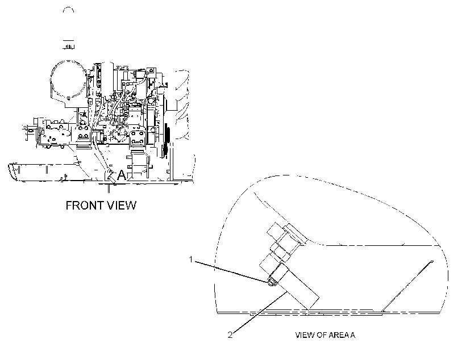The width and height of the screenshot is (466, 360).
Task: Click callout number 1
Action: (191, 259)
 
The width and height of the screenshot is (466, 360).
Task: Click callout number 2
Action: (230, 335)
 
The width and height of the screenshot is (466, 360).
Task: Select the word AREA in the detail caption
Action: (338, 335)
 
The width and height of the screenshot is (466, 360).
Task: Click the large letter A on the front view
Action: (122, 175)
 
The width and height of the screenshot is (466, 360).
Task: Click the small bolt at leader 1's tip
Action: (271, 282)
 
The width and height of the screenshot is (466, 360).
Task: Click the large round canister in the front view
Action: (68, 80)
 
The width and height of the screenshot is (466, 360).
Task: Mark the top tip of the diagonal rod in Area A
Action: (432, 261)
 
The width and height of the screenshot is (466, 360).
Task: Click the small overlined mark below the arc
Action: (68, 44)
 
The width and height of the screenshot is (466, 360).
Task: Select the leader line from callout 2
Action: (260, 312)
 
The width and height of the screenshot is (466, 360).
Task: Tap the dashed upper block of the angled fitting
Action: (286, 235)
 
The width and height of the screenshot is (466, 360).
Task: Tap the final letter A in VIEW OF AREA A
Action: (352, 335)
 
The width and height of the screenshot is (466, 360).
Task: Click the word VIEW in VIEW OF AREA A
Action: (305, 335)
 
